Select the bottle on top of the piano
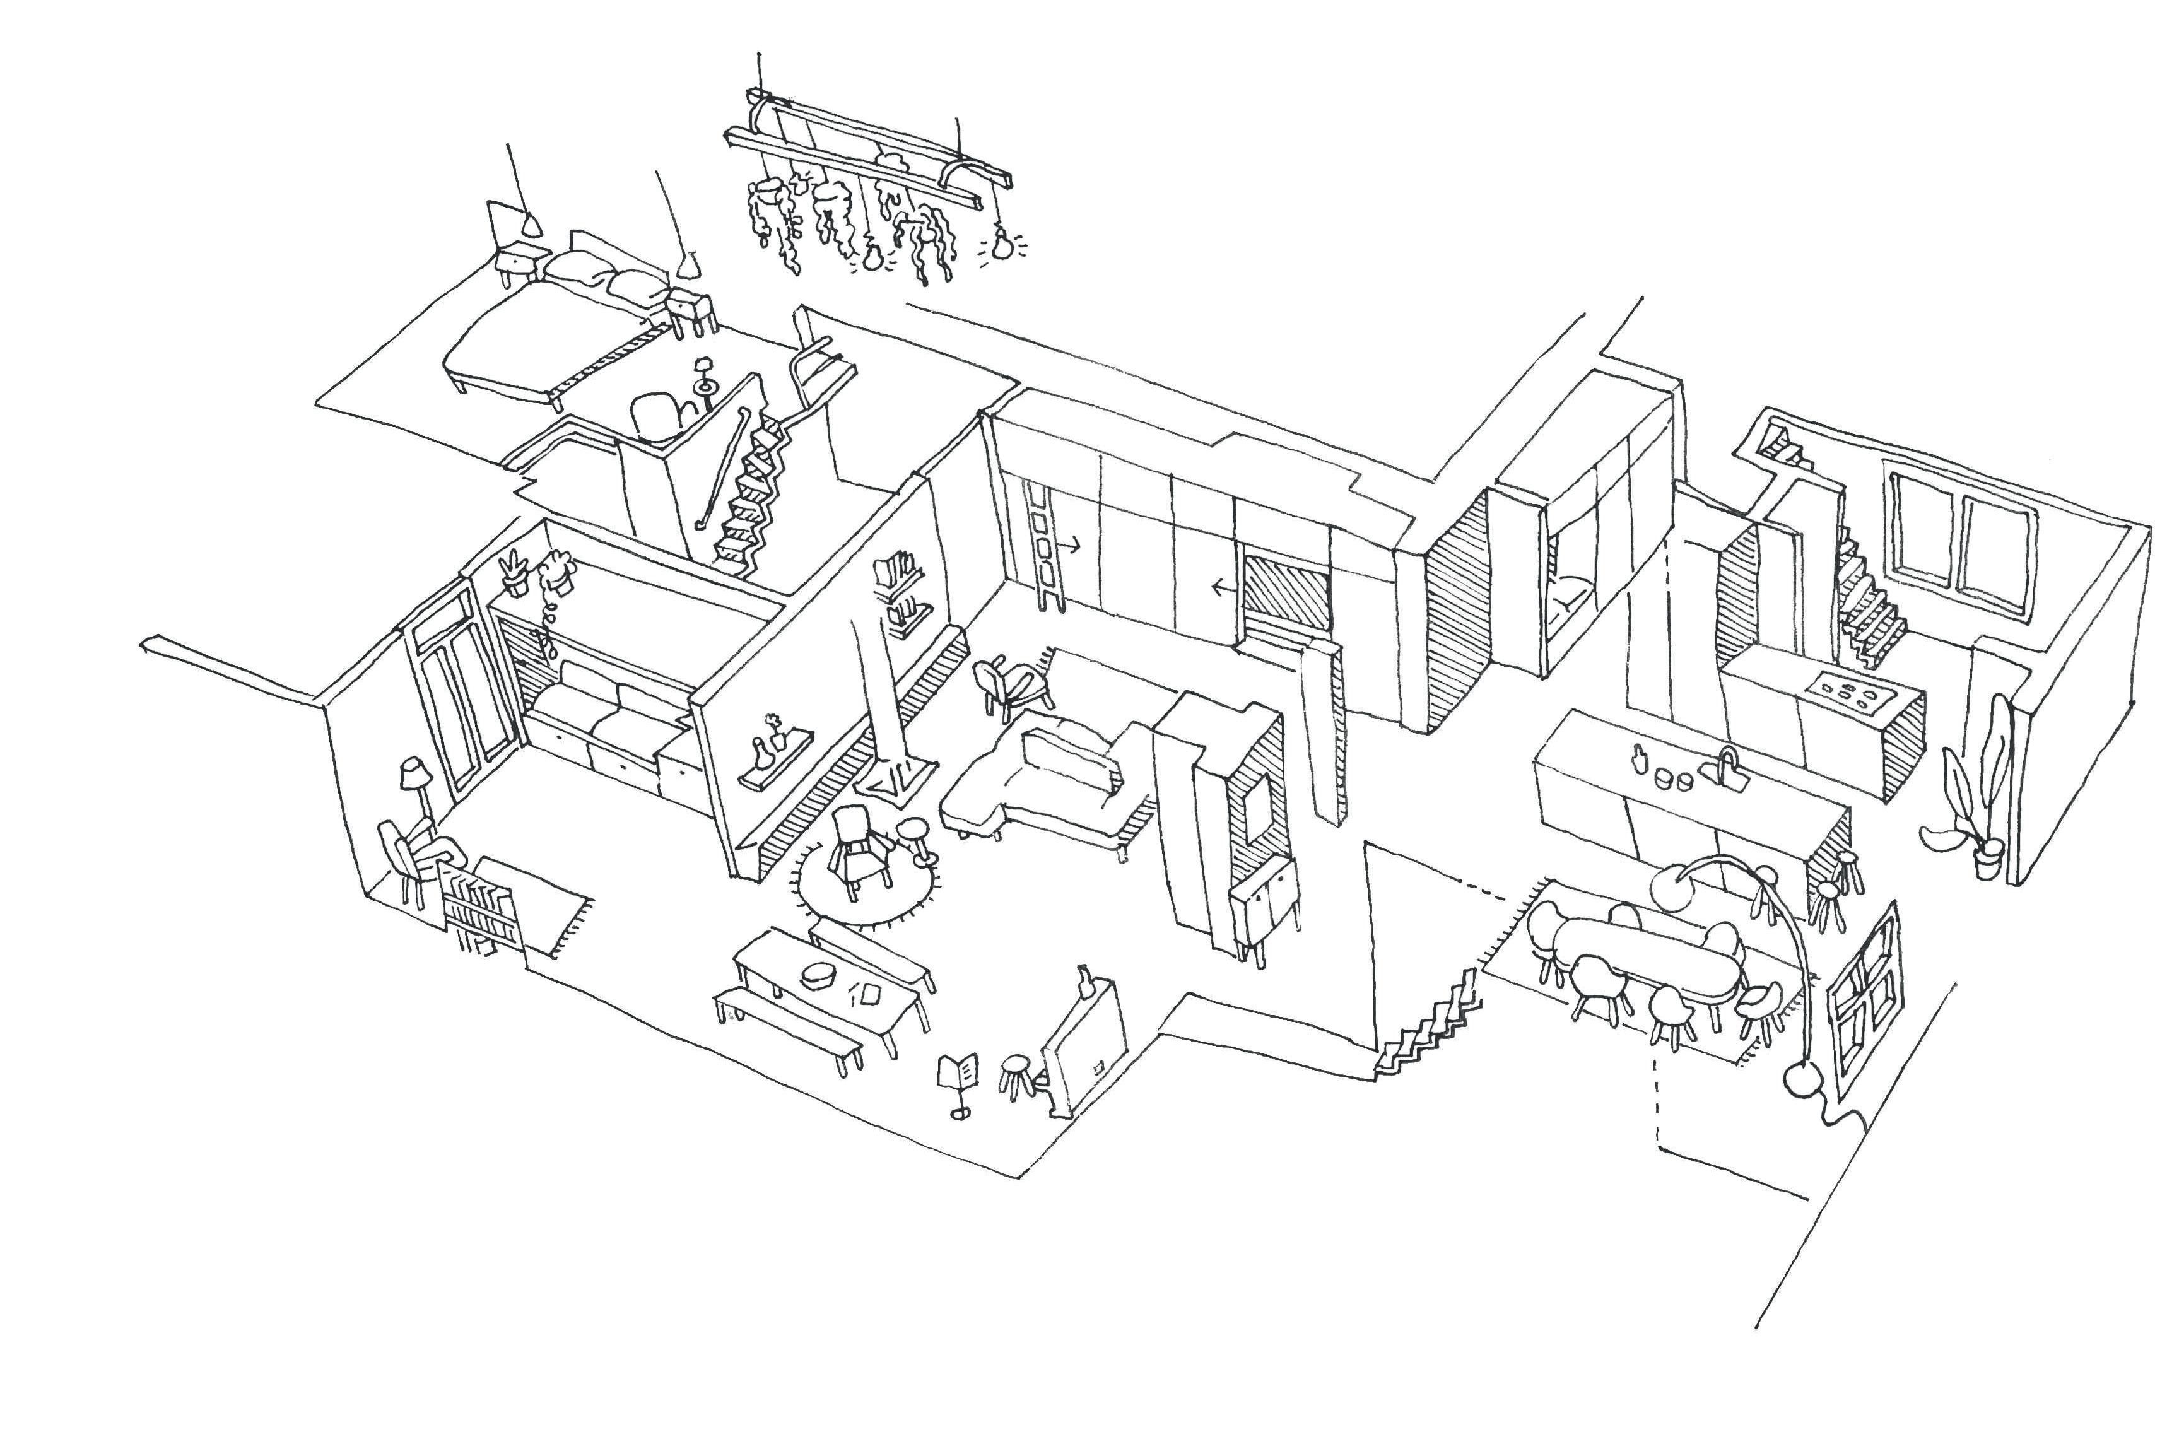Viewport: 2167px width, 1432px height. (x=1085, y=978)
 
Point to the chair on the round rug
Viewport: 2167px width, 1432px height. (x=859, y=847)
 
